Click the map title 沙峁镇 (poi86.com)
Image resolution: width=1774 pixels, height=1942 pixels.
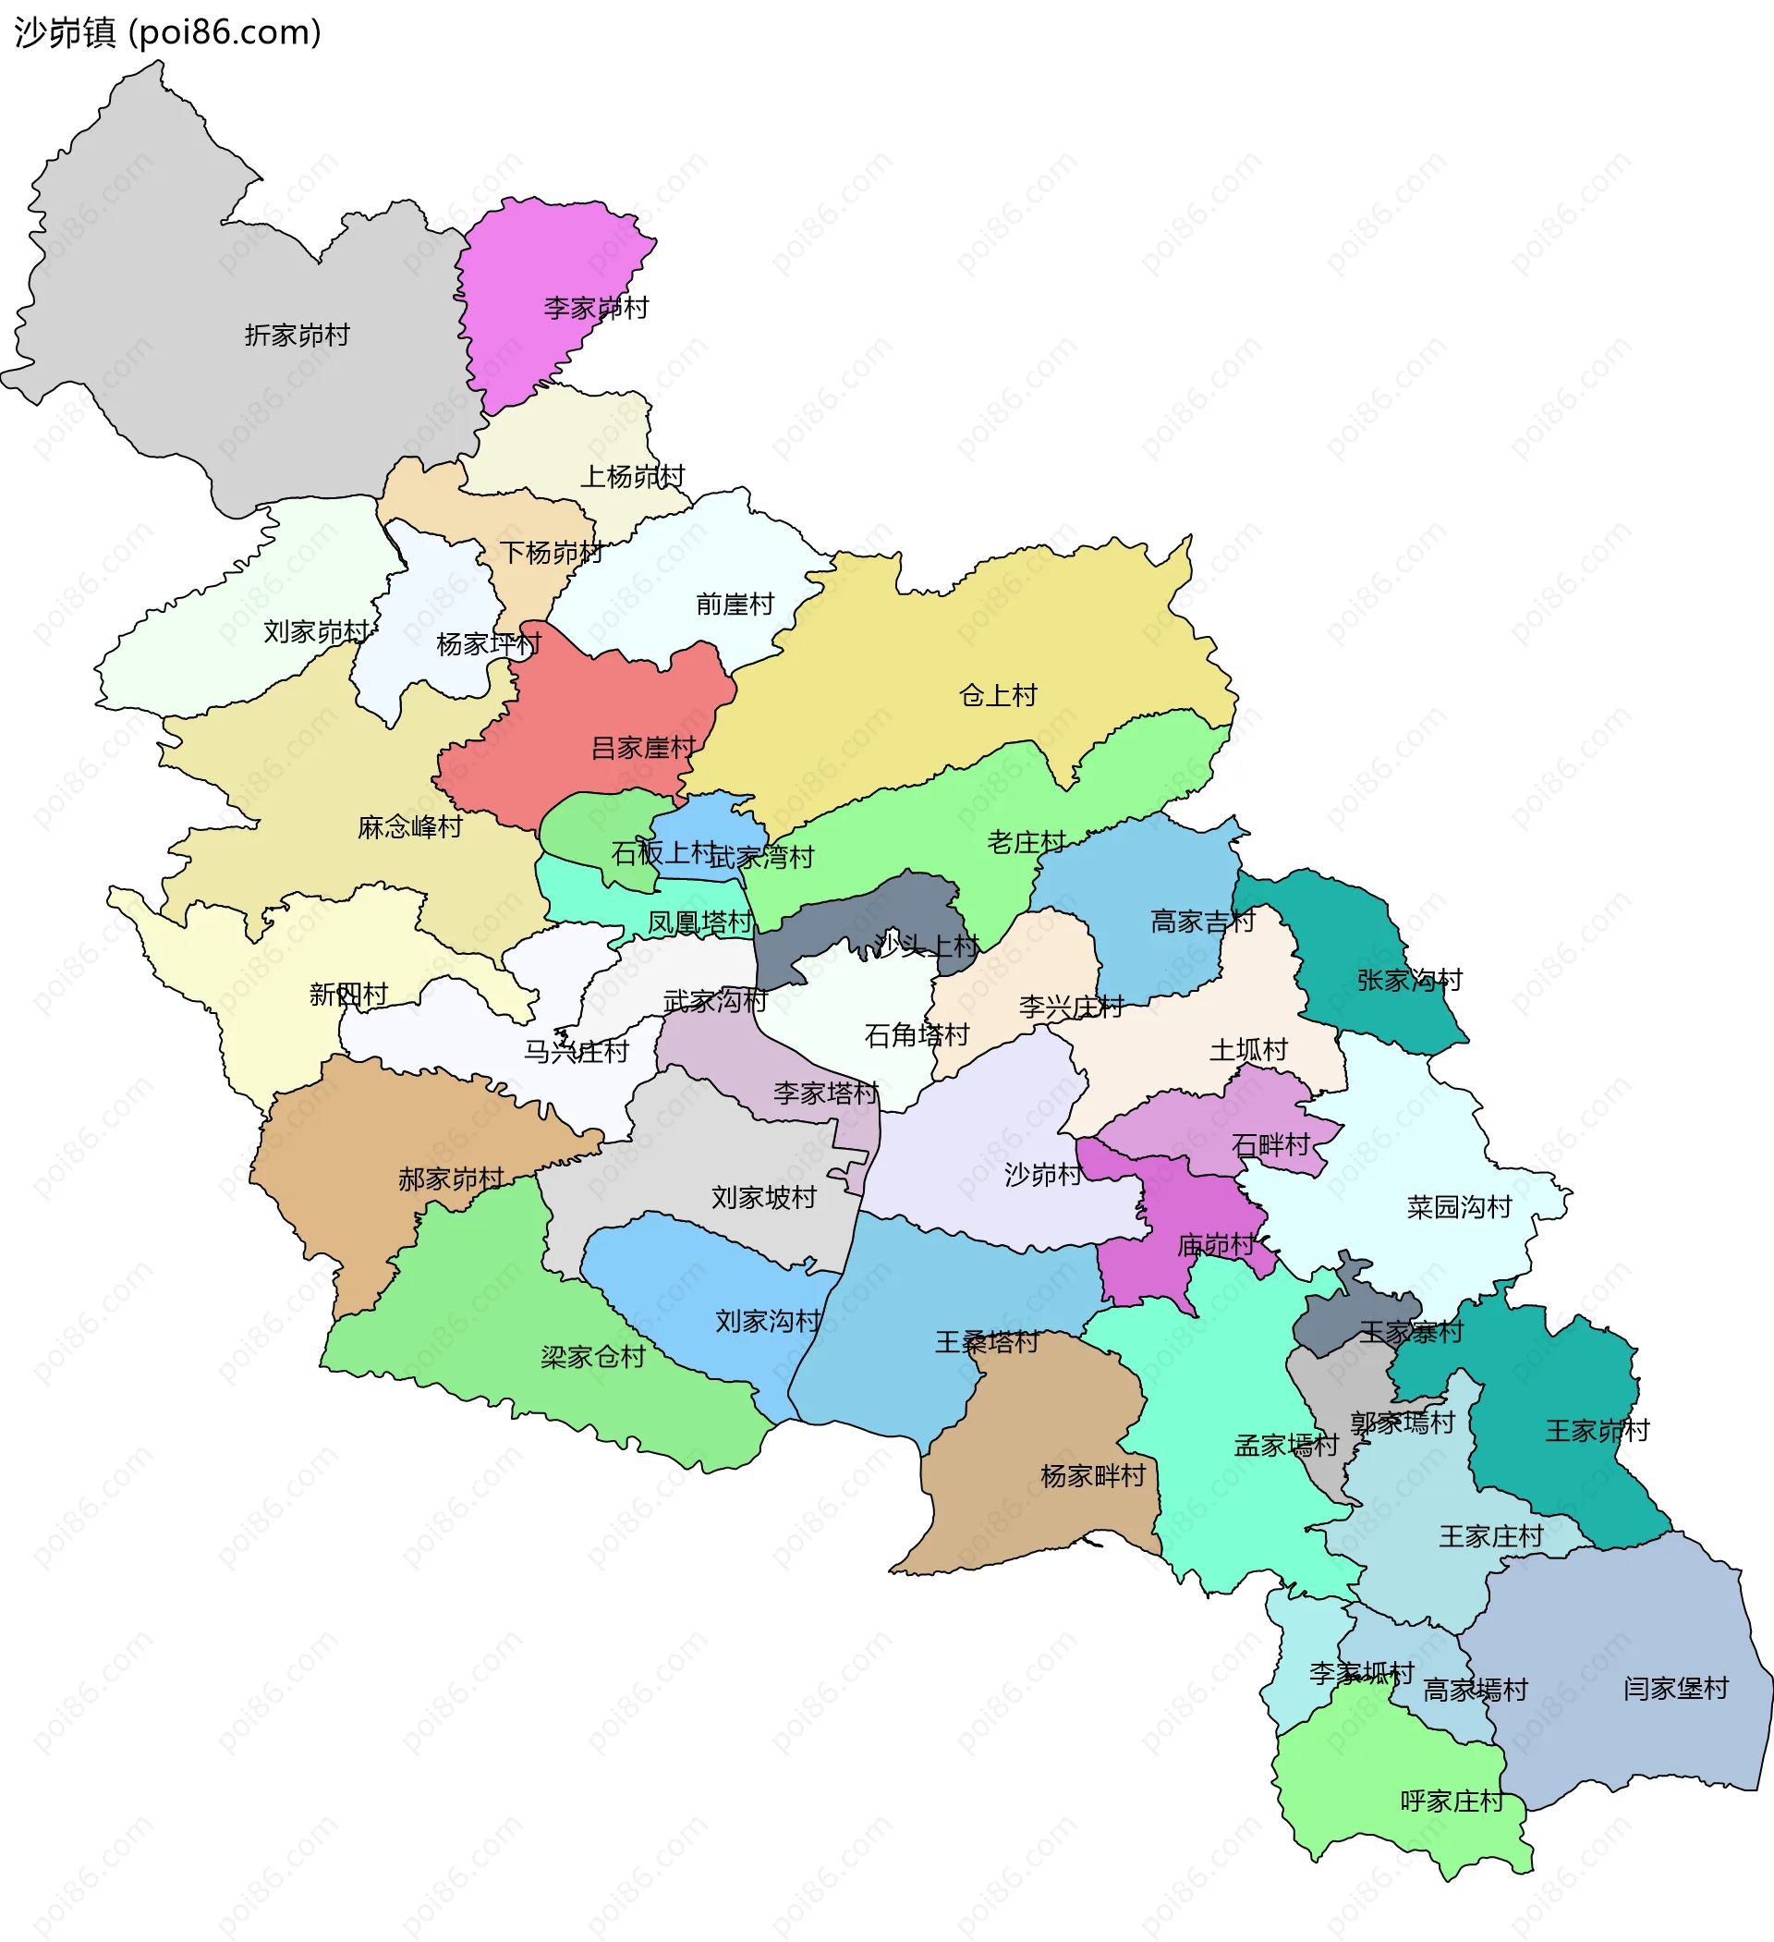[x=167, y=32]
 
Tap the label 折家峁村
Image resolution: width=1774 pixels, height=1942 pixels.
[x=297, y=336]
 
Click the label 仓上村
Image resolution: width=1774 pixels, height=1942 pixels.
[x=998, y=695]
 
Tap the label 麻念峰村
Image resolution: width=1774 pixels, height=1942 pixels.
[x=409, y=826]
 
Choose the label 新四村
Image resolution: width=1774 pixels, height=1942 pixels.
[x=347, y=995]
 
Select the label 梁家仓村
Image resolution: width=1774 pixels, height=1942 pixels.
[x=592, y=1357]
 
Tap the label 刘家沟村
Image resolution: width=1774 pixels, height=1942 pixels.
[x=768, y=1321]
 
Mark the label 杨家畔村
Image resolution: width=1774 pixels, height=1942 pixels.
[x=1093, y=1476]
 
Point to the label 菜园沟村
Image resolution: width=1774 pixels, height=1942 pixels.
[x=1458, y=1207]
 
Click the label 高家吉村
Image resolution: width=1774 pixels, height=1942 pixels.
[x=1202, y=922]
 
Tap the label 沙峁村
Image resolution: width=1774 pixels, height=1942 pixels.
[x=1043, y=1174]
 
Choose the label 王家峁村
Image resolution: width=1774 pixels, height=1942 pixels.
[x=1597, y=1431]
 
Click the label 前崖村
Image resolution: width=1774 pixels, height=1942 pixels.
[x=735, y=604]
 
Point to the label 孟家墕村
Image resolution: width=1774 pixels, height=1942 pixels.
[x=1286, y=1445]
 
